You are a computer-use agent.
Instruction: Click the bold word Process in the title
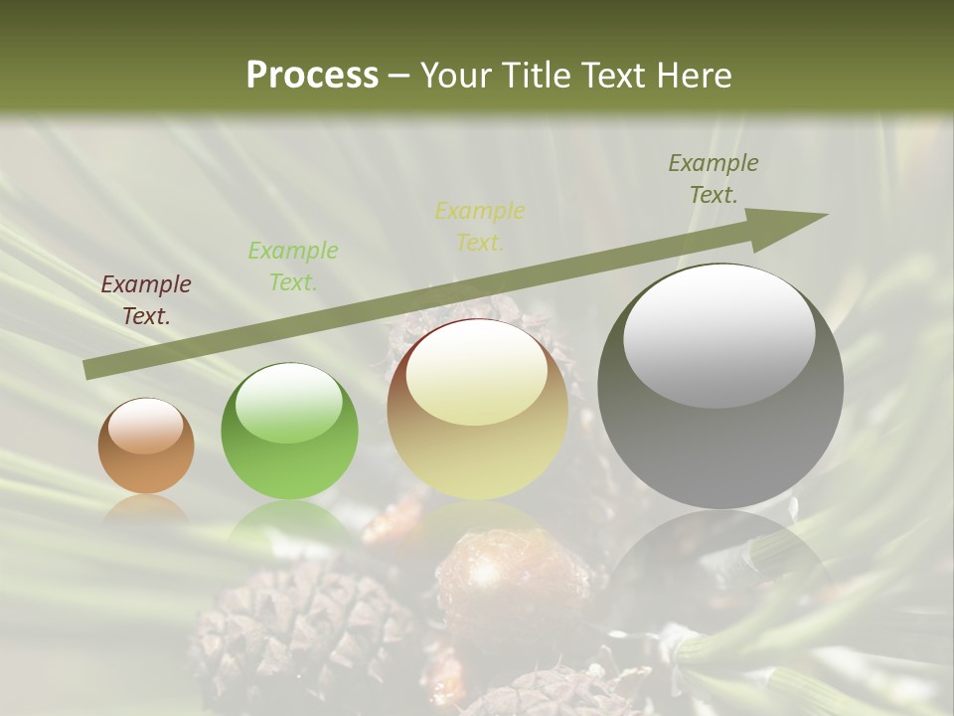pyautogui.click(x=312, y=76)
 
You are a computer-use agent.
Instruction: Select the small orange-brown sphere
pyautogui.click(x=146, y=447)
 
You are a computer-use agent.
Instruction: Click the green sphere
pyautogui.click(x=289, y=432)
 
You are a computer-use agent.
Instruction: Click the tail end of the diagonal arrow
pyautogui.click(x=89, y=370)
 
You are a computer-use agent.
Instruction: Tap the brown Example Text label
pyautogui.click(x=146, y=300)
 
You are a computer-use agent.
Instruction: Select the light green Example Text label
pyautogui.click(x=292, y=266)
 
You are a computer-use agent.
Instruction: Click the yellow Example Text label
pyautogui.click(x=480, y=226)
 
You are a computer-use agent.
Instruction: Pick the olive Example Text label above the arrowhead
pyautogui.click(x=713, y=179)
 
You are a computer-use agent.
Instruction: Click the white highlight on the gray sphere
pyautogui.click(x=718, y=336)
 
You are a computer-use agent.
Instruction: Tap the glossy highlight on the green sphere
pyautogui.click(x=288, y=403)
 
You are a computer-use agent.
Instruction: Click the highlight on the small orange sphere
pyautogui.click(x=145, y=426)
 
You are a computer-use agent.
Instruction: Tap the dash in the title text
pyautogui.click(x=399, y=76)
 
